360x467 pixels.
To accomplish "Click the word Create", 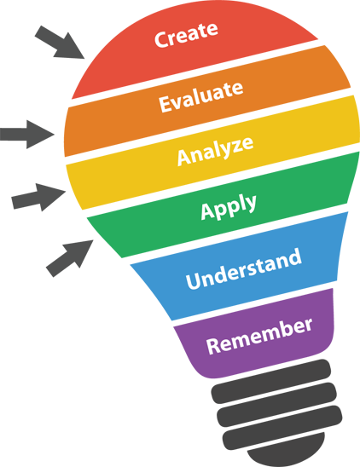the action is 186,34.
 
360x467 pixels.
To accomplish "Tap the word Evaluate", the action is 201,96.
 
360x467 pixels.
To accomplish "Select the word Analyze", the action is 215,151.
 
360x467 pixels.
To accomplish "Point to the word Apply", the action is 229,207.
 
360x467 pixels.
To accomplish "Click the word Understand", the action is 244,269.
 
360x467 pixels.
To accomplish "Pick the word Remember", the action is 259,337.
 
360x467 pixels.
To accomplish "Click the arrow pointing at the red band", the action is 60,43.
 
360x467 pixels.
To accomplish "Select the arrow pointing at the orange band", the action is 27,135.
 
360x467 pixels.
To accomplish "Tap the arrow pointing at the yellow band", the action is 38,197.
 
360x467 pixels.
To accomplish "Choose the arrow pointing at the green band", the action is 69,258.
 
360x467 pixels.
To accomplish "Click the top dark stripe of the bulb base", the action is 271,382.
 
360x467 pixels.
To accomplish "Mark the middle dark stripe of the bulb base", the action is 276,405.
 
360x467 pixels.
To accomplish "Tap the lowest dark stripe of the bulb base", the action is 282,428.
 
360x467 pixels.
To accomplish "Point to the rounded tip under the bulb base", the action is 287,450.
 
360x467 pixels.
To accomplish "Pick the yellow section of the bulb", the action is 212,153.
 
